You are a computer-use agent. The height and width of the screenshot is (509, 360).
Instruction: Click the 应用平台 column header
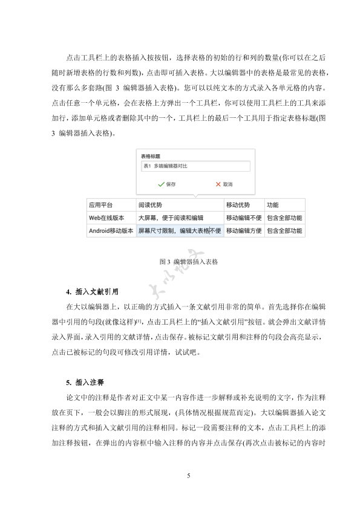coord(101,205)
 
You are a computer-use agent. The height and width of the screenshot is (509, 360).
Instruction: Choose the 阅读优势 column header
coord(150,205)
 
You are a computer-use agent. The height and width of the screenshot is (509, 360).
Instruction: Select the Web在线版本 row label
coord(106,218)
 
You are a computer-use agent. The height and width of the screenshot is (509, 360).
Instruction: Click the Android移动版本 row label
coord(111,231)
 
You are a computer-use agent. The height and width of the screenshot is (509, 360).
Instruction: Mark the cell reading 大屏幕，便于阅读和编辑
coord(171,218)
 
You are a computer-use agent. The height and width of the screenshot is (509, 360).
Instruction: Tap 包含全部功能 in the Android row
coord(284,231)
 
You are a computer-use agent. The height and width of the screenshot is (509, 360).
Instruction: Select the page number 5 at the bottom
coord(189,476)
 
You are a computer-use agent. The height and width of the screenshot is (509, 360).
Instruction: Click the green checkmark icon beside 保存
coord(160,184)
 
